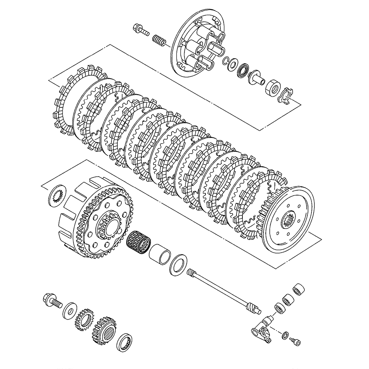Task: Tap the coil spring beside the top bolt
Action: click(159, 39)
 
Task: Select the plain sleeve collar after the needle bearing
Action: click(161, 254)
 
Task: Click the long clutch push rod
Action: click(221, 288)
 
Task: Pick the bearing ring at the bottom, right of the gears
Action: click(125, 342)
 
